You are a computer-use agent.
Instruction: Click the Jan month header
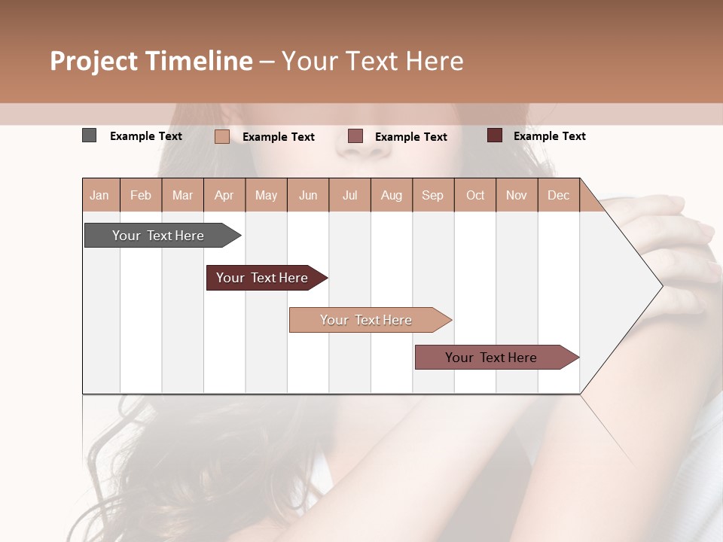(99, 195)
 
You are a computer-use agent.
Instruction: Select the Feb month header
(141, 195)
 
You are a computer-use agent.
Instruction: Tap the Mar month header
(182, 195)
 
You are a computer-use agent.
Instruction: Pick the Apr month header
(224, 195)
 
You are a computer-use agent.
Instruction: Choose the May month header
(266, 195)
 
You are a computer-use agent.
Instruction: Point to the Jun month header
(308, 195)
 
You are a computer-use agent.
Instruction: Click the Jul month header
(349, 195)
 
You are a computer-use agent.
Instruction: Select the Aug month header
(392, 195)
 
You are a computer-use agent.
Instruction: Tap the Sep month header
(433, 195)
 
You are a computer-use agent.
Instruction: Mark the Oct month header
(475, 195)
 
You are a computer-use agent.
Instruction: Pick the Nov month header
(517, 195)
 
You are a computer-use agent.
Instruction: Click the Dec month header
(559, 195)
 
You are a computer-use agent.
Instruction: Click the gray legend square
(90, 135)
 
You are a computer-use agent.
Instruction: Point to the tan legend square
(222, 136)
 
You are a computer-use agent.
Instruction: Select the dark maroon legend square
(495, 135)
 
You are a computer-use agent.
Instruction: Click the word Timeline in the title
(199, 61)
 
